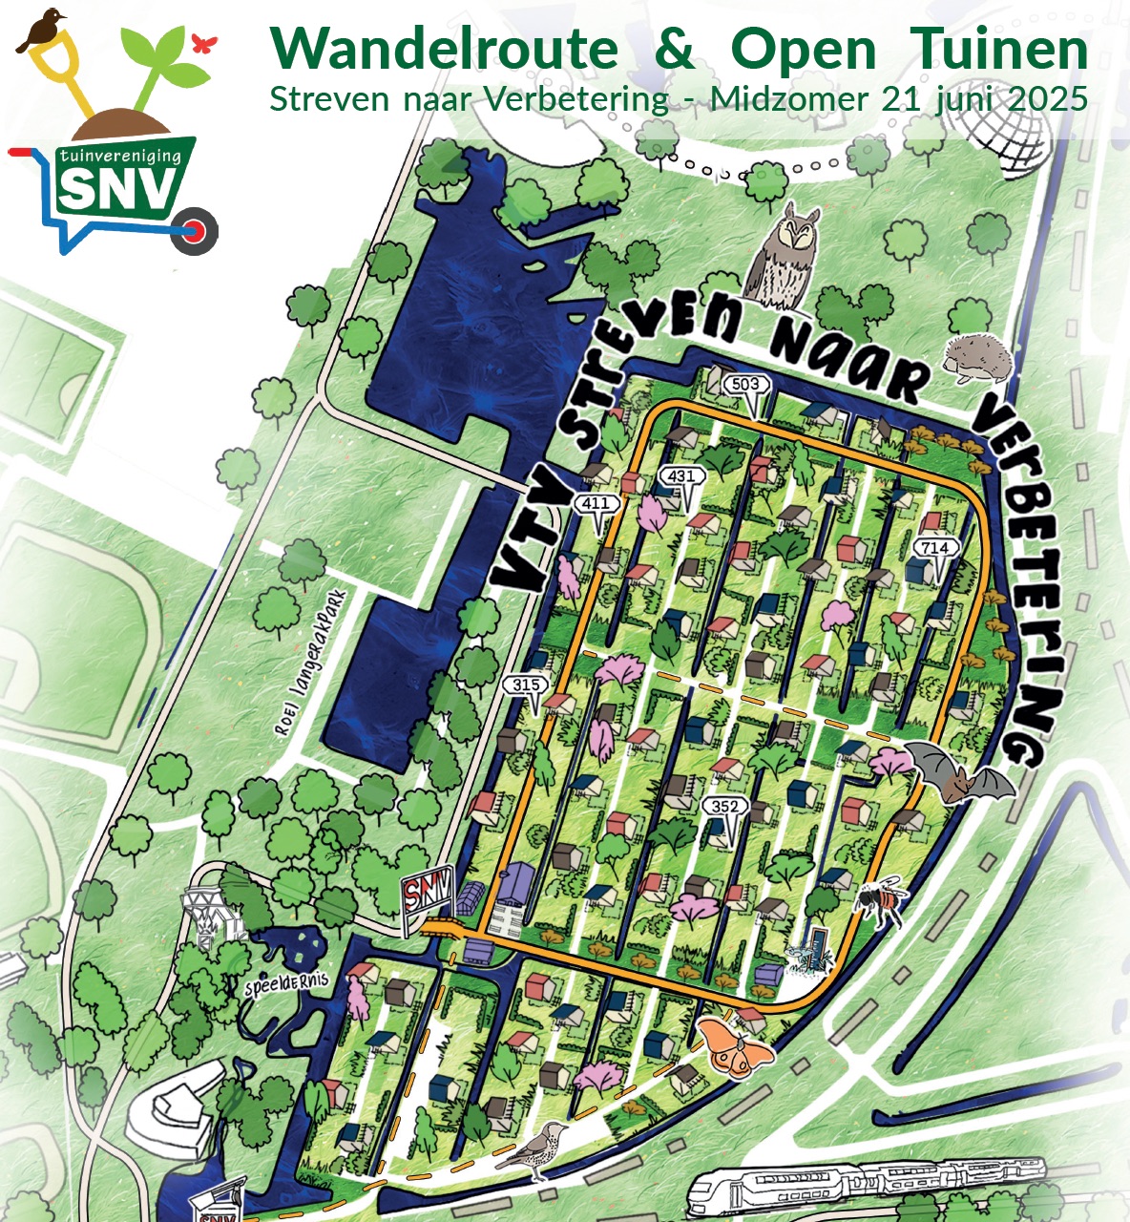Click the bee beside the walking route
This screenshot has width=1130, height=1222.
(881, 900)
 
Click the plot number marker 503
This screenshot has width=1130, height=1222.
(745, 385)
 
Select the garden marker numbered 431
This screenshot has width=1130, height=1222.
(681, 476)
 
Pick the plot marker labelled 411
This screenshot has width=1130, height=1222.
(595, 503)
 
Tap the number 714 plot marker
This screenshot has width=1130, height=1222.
(934, 547)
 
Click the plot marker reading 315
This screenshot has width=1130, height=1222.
(526, 685)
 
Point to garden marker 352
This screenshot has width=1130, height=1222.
(724, 807)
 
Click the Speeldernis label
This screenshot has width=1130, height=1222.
(286, 983)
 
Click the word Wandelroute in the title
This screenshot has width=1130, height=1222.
(444, 49)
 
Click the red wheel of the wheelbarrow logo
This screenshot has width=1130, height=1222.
(197, 231)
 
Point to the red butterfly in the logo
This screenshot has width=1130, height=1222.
(203, 43)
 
